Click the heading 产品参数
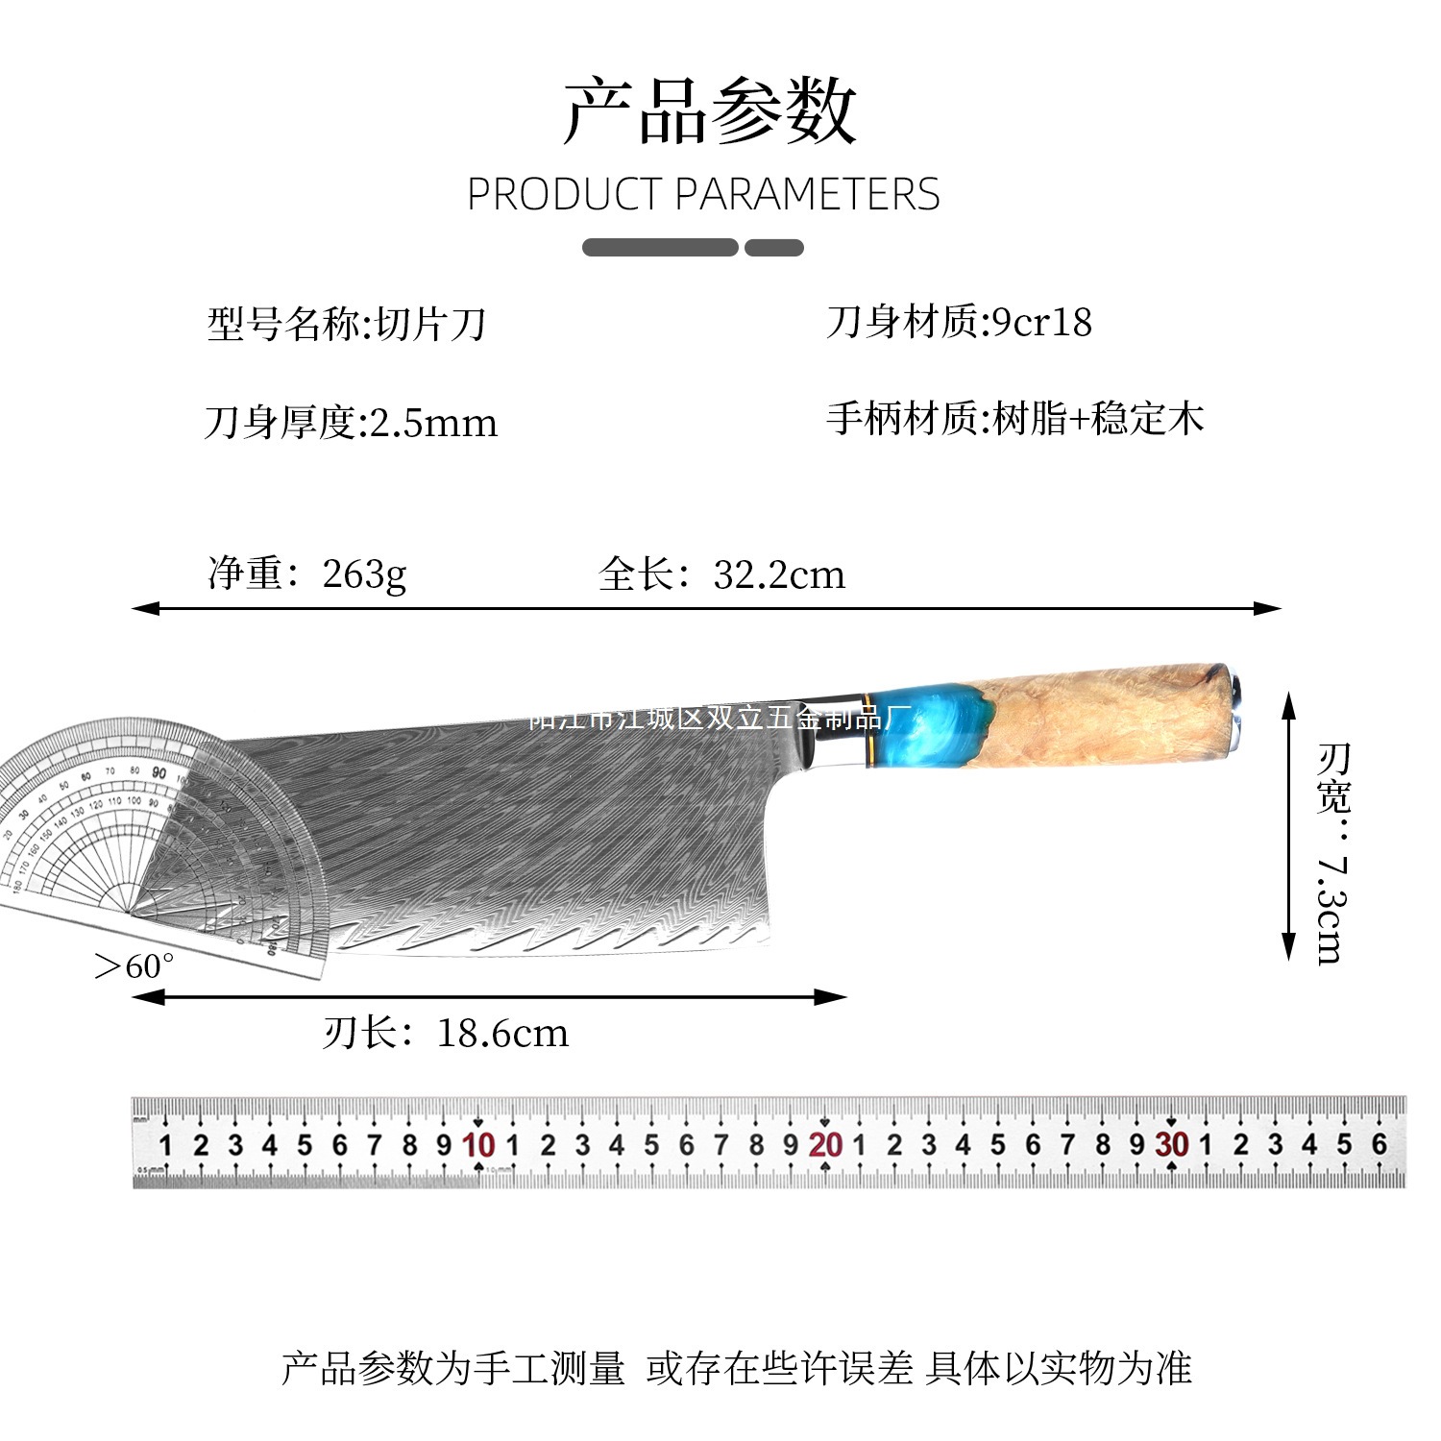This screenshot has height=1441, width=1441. [x=709, y=111]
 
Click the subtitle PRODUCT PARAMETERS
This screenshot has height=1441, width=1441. [x=703, y=195]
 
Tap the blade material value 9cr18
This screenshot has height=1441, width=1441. [x=1042, y=323]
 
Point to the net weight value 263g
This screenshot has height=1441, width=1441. [x=364, y=574]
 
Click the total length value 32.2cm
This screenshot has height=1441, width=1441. [x=779, y=574]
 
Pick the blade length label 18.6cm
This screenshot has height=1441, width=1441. [x=502, y=1034]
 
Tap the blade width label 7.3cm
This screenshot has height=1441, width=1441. [x=1332, y=908]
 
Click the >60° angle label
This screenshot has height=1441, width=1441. [x=134, y=965]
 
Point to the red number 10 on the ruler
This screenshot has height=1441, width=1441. [x=478, y=1145]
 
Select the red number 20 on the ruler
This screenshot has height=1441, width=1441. [x=825, y=1145]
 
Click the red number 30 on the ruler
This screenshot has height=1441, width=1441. [x=1172, y=1145]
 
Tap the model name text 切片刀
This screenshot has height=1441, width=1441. [x=431, y=325]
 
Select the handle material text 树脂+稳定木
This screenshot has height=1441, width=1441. [x=1098, y=419]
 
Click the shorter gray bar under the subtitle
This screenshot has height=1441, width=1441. [x=774, y=248]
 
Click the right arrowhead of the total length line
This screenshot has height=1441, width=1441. [x=1270, y=608]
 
